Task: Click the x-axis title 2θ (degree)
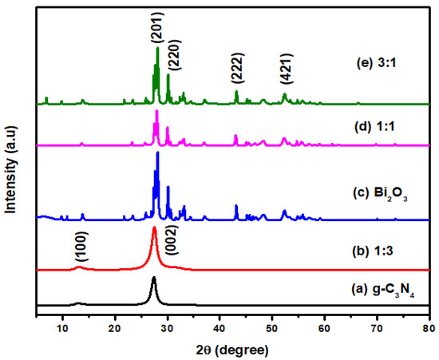pyautogui.click(x=232, y=350)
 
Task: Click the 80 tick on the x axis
pyautogui.click(x=429, y=327)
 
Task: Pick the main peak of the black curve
pyautogui.click(x=154, y=278)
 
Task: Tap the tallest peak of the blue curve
pyautogui.click(x=158, y=152)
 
